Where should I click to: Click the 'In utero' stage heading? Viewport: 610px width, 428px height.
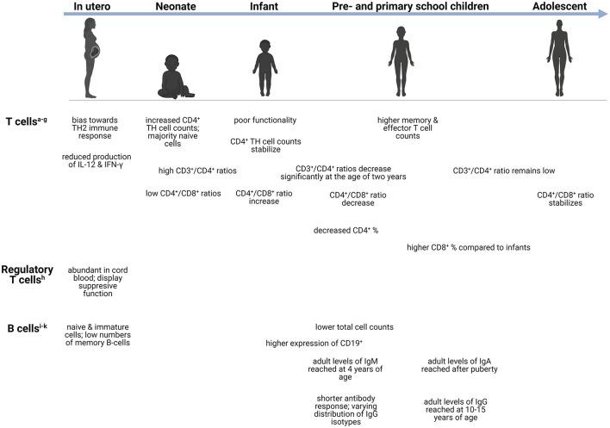coord(95,7)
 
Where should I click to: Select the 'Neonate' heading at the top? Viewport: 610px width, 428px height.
coord(178,7)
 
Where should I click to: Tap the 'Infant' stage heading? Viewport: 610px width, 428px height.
coord(263,7)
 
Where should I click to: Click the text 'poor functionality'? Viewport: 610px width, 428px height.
coord(265,120)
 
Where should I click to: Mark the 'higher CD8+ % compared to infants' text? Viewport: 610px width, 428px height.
coord(468,248)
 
